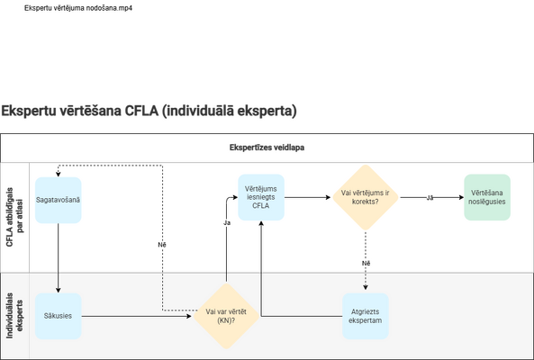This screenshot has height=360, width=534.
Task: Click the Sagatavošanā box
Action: click(x=59, y=200)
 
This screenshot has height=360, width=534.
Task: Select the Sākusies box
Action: click(x=59, y=316)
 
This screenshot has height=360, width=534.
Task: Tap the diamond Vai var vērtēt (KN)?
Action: click(x=226, y=316)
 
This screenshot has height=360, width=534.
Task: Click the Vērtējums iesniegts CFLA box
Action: click(x=261, y=197)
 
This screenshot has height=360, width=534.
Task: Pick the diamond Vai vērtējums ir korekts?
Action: click(x=366, y=197)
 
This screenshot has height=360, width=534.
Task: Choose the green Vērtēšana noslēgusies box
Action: click(x=487, y=197)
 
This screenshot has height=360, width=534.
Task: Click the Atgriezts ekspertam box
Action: click(x=366, y=316)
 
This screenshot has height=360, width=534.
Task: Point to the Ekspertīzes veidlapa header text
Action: click(x=267, y=148)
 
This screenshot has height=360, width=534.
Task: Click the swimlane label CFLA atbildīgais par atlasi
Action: click(x=14, y=217)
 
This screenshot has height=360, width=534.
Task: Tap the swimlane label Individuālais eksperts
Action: click(x=14, y=316)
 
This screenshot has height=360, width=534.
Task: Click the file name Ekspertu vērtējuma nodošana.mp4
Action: click(x=78, y=8)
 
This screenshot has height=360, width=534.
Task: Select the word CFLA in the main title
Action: click(x=141, y=111)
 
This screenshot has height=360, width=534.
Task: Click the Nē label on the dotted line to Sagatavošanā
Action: click(x=162, y=245)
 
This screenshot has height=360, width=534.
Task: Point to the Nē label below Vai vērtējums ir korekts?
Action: click(x=366, y=264)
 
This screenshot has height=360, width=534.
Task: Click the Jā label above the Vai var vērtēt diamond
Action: click(x=227, y=223)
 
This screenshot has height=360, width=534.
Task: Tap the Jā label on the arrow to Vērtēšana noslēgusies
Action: click(x=430, y=198)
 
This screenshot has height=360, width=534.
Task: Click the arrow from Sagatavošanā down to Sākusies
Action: click(x=59, y=258)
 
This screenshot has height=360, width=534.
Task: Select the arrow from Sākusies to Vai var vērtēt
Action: click(x=136, y=316)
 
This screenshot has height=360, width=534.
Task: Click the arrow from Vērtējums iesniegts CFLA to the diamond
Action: click(x=308, y=197)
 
